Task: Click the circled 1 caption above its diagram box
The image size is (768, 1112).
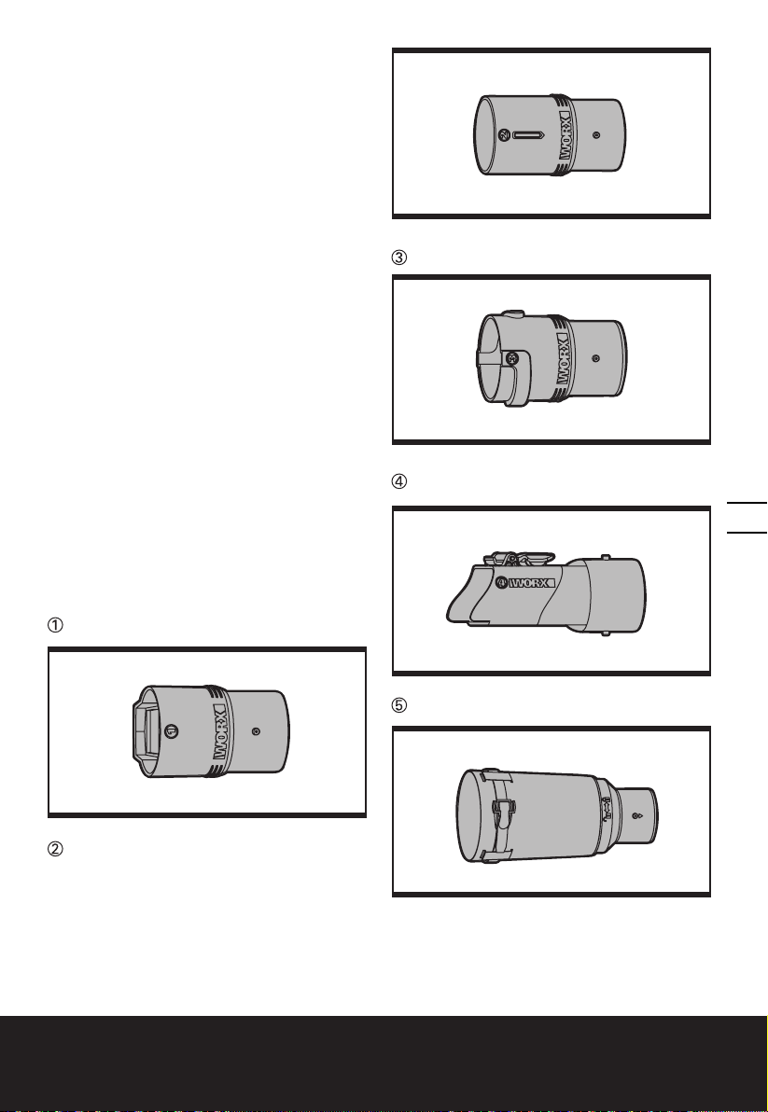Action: [55, 625]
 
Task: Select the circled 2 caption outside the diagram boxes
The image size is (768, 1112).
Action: [55, 849]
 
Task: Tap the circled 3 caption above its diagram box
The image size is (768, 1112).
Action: [400, 258]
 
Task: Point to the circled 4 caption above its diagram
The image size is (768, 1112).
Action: [400, 480]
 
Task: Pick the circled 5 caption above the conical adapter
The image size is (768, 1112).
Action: [400, 705]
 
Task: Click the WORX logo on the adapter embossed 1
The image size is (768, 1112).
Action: [220, 732]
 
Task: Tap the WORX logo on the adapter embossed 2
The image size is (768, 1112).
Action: [566, 135]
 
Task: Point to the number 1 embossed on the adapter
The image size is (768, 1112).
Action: [170, 730]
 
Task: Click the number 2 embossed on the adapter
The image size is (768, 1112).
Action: [504, 134]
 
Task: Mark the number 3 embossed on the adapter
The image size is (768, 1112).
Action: [510, 359]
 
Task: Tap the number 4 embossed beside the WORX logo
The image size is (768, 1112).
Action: [501, 583]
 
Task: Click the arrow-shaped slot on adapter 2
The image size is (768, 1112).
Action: [527, 134]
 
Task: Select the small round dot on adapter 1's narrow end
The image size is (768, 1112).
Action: [256, 730]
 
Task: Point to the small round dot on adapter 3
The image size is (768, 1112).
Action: [595, 359]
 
